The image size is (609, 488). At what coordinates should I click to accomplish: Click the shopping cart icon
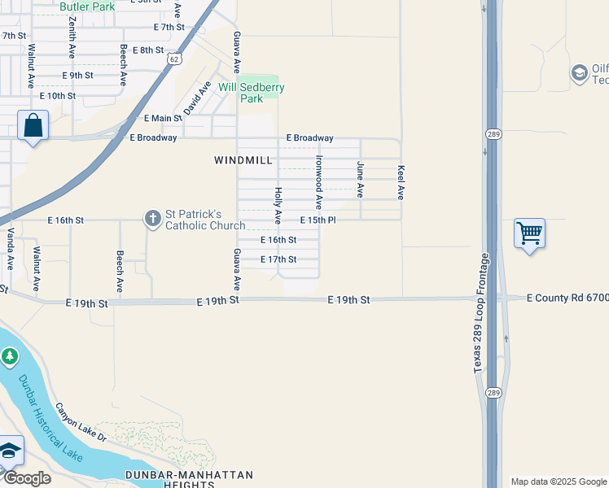pyautogui.click(x=529, y=233)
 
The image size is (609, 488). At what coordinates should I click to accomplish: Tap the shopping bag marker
pyautogui.click(x=33, y=126)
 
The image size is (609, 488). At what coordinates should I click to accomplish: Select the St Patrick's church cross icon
pyautogui.click(x=152, y=218)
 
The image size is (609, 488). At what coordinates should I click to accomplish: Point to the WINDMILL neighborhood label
pyautogui.click(x=243, y=160)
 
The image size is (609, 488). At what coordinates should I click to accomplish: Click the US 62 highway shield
pyautogui.click(x=173, y=59)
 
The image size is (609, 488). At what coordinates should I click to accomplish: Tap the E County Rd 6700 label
pyautogui.click(x=567, y=298)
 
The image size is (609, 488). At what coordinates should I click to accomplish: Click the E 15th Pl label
pyautogui.click(x=318, y=220)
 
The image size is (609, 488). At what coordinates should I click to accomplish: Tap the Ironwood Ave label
pyautogui.click(x=320, y=183)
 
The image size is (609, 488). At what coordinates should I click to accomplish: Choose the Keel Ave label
pyautogui.click(x=401, y=182)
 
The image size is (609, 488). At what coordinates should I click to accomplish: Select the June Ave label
pyautogui.click(x=360, y=179)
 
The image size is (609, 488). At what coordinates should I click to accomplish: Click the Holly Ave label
pyautogui.click(x=278, y=205)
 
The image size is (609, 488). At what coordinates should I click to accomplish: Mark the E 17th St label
pyautogui.click(x=278, y=259)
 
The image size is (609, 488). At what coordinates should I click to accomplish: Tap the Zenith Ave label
pyautogui.click(x=72, y=35)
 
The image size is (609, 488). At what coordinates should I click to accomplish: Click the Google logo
pyautogui.click(x=27, y=478)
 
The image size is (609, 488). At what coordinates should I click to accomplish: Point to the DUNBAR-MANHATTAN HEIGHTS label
pyautogui.click(x=189, y=479)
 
